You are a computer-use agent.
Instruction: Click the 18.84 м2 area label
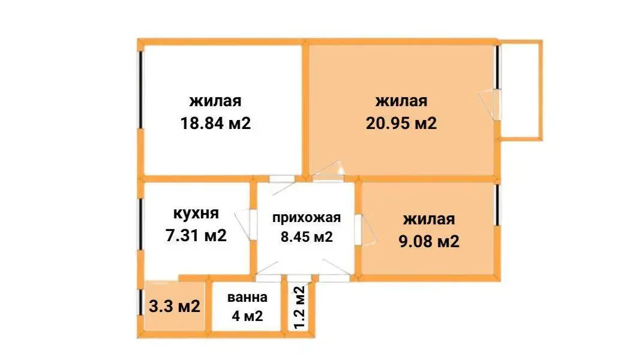tap(215, 124)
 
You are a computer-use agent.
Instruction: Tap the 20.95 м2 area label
tap(401, 124)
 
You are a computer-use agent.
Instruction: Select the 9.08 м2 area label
tap(428, 242)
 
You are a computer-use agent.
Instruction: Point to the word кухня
tap(196, 213)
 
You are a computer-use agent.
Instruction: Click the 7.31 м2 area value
tap(196, 235)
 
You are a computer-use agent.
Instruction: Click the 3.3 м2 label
tap(174, 307)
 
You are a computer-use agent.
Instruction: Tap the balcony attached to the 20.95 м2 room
tap(521, 90)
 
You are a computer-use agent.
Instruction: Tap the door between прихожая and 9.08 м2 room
tap(358, 230)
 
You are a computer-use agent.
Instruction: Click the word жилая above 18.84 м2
tap(215, 101)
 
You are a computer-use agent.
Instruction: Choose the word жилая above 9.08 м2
tap(428, 219)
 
